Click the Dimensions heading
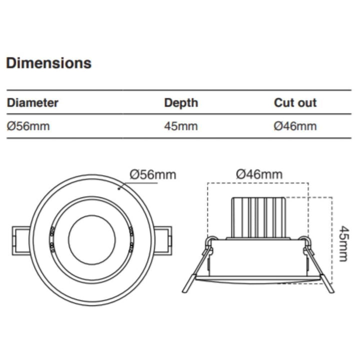coord(48,63)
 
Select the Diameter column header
coord(32,103)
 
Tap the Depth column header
coord(181,103)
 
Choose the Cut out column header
coord(295,103)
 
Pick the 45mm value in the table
coord(180,126)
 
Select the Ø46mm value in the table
coord(295,126)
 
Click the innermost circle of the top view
coord(91,239)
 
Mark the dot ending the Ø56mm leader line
coord(118,189)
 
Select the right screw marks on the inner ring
coord(130,238)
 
